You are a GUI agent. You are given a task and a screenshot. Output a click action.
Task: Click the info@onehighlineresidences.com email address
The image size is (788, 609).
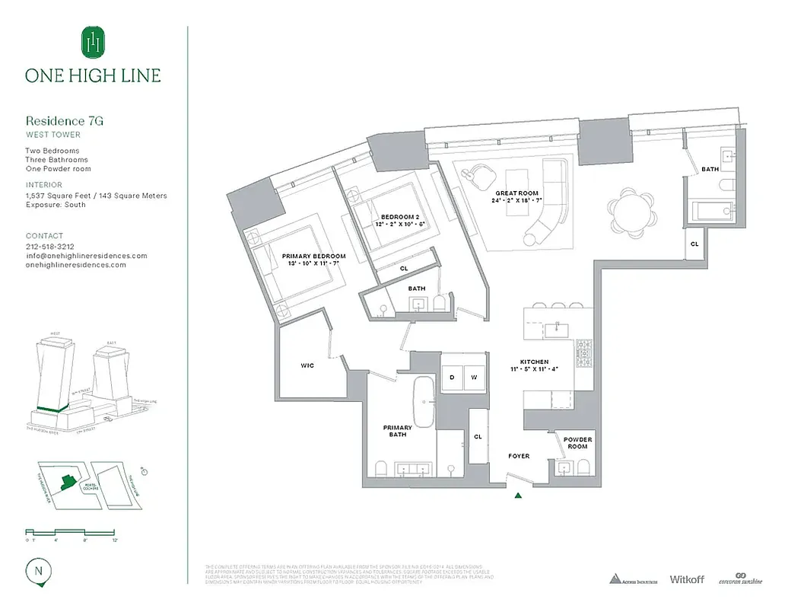pyautogui.click(x=86, y=256)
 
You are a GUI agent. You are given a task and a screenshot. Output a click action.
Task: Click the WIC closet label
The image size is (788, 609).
pyautogui.click(x=307, y=365)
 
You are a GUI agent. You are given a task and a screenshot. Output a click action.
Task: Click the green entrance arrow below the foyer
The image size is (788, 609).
pyautogui.click(x=518, y=496)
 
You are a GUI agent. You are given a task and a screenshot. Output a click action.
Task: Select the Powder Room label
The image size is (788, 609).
pyautogui.click(x=577, y=443)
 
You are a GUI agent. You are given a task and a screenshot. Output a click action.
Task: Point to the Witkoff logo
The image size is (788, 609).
pyautogui.click(x=686, y=579)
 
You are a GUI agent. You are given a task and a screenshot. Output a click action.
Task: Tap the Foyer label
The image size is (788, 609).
pyautogui.click(x=519, y=456)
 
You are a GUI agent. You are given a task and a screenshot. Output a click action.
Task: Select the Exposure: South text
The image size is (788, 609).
pyautogui.click(x=56, y=205)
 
